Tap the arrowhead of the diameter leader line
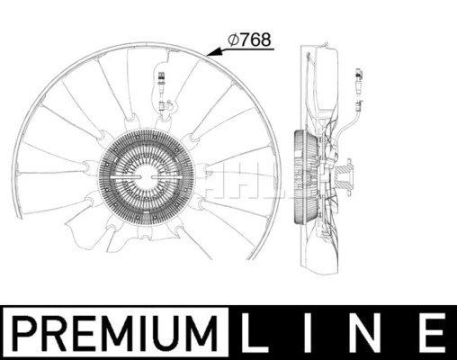click(208, 55)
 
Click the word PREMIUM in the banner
click(116, 332)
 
